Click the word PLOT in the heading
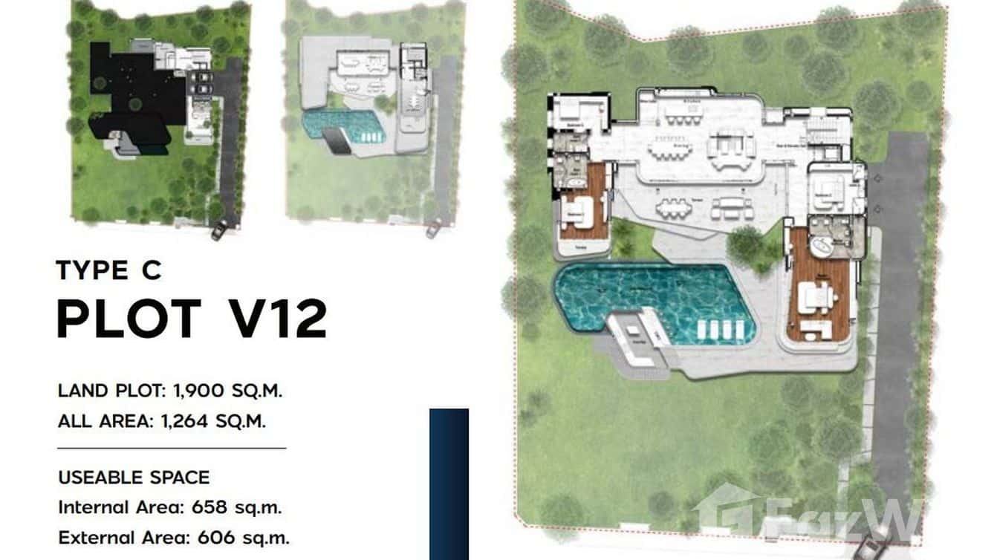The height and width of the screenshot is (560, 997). pyautogui.click(x=129, y=319)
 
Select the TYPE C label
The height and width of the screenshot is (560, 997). pyautogui.click(x=108, y=270)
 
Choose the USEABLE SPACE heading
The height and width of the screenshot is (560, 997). pyautogui.click(x=134, y=477)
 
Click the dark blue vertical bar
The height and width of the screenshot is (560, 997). pyautogui.click(x=449, y=484)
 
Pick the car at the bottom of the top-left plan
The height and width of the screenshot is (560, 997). pyautogui.click(x=219, y=231)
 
